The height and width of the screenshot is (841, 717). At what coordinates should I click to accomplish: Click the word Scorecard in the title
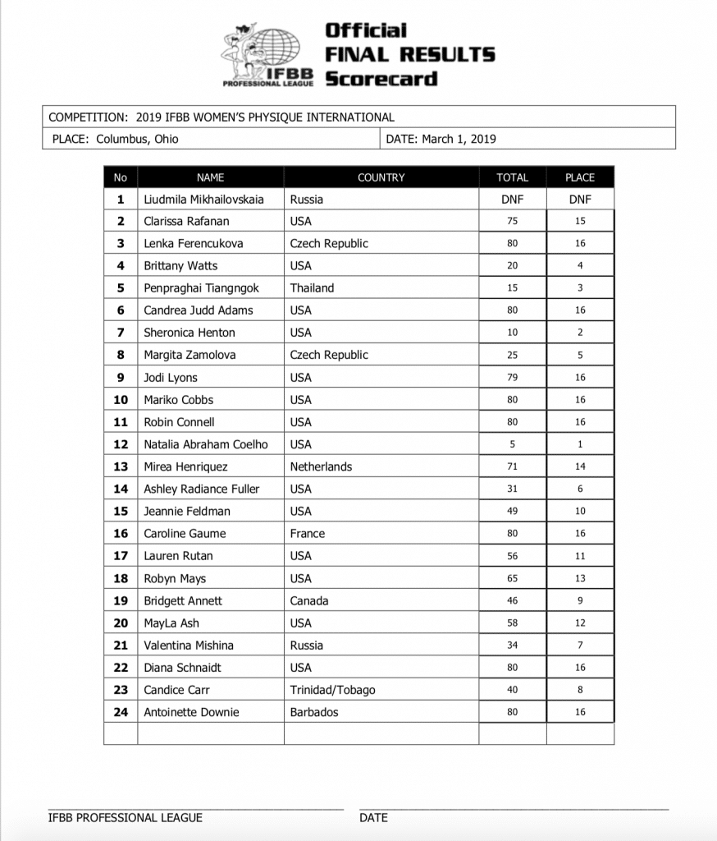[x=381, y=79]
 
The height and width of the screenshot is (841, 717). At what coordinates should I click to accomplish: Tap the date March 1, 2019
[x=459, y=139]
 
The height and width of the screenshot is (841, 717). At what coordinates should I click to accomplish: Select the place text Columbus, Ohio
[x=137, y=139]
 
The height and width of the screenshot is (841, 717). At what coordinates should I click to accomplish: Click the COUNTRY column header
[x=381, y=177]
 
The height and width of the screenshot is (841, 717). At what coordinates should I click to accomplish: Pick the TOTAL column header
[x=512, y=177]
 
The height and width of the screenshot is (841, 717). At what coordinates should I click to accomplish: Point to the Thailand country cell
[x=312, y=288]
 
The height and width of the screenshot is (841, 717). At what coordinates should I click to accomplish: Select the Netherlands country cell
[x=321, y=466]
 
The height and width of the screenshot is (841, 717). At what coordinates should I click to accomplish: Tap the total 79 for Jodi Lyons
[x=512, y=378]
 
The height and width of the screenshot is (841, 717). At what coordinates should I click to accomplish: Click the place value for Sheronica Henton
[x=580, y=333]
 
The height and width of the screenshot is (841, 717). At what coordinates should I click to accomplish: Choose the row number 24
[x=121, y=712]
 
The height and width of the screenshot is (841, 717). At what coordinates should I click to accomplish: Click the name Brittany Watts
[x=180, y=266]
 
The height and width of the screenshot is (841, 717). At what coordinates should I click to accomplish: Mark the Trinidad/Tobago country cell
[x=333, y=690]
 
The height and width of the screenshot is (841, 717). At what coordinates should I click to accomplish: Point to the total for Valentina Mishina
[x=512, y=646]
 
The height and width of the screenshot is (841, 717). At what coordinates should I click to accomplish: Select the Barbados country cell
[x=314, y=712]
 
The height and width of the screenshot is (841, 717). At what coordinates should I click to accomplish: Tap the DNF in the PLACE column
[x=580, y=200]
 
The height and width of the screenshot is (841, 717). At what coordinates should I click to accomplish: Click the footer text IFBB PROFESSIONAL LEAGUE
[x=126, y=818]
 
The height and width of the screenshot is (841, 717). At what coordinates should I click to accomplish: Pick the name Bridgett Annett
[x=183, y=600]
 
